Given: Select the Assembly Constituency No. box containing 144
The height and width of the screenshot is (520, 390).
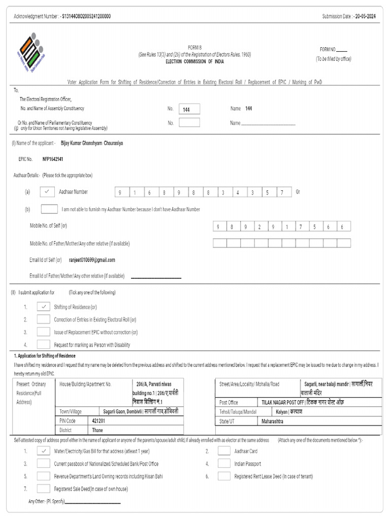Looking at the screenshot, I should (x=189, y=109).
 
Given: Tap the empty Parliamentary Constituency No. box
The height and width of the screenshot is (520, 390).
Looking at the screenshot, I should (x=189, y=122).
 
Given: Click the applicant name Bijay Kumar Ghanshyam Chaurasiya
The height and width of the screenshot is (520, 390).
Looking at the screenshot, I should (x=91, y=143).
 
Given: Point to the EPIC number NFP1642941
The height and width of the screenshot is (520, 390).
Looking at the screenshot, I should (x=53, y=159).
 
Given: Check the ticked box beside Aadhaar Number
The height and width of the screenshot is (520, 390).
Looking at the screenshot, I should (x=46, y=192).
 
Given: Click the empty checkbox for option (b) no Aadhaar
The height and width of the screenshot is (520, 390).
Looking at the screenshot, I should (x=49, y=209).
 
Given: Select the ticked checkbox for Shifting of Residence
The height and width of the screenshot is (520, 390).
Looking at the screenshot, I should (x=44, y=307).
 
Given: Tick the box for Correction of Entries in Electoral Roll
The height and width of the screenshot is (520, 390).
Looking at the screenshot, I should (x=44, y=319).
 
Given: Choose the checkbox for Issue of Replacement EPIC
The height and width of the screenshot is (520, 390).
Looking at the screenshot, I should (x=44, y=332).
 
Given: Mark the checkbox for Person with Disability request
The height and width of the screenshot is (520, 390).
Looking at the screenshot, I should (x=44, y=345).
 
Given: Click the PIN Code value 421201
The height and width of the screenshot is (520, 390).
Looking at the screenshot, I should (x=99, y=421).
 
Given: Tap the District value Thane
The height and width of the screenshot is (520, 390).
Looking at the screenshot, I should (x=97, y=430).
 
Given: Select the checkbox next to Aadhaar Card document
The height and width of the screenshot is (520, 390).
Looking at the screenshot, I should (x=224, y=450).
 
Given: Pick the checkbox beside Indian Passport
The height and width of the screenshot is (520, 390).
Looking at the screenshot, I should (x=224, y=463).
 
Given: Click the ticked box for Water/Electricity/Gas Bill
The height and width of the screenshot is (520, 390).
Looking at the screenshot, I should (x=44, y=450).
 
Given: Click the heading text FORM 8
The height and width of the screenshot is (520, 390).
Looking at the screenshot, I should (x=195, y=49).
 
